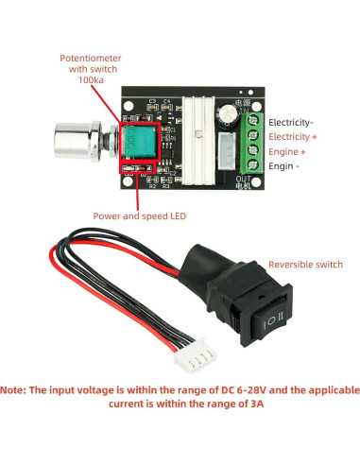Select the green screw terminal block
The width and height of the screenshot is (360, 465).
250,142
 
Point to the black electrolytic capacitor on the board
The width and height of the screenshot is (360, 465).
229,113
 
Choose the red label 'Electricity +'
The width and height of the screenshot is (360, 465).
294,136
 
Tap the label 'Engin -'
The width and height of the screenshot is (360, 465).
284,165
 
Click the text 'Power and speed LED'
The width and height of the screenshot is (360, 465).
139,215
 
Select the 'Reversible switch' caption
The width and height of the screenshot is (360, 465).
306,265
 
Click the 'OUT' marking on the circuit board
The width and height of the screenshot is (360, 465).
241,179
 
